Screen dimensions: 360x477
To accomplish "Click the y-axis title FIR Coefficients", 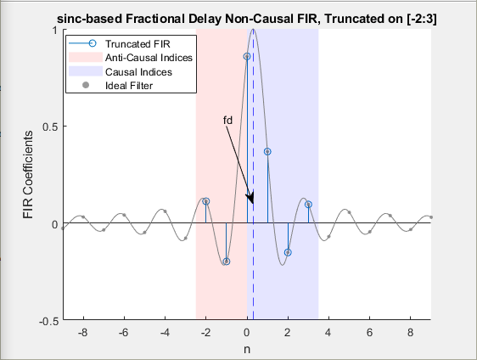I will pos(29,176).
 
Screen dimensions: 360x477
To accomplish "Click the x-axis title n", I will pos(247,349).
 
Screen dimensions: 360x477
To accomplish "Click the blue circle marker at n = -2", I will pos(206,201).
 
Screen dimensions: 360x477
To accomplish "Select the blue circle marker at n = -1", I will pos(227,262).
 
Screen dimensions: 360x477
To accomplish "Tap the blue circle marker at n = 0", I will pos(247,57).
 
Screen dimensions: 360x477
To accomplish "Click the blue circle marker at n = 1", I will pos(267,151).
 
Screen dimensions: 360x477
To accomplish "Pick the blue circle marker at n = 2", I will pos(288,252).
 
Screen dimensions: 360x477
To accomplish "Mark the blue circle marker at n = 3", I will pos(308,205).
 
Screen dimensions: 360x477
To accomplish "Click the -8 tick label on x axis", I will pos(82,333).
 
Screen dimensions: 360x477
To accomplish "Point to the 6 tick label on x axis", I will pos(369,333).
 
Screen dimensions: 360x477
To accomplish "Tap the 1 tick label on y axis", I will pos(53,30).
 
